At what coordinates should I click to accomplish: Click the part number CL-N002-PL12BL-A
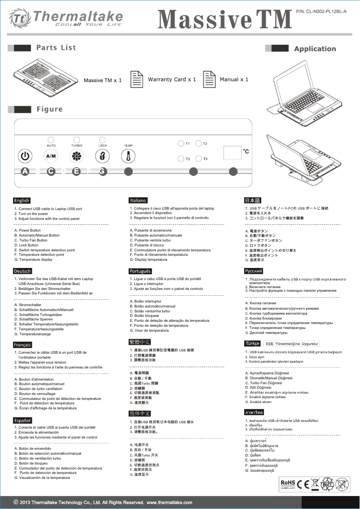click(321, 11)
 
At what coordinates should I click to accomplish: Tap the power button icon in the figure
click(26, 156)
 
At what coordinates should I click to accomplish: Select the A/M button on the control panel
click(51, 156)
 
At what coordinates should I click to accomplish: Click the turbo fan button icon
click(77, 156)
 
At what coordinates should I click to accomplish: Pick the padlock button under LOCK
click(102, 156)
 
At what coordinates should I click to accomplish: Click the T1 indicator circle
click(180, 144)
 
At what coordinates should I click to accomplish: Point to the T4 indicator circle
click(198, 159)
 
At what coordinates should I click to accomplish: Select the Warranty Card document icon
click(136, 79)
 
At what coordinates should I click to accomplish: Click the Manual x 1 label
click(234, 79)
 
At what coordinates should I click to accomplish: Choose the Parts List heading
click(56, 48)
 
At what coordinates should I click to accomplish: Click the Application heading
click(315, 49)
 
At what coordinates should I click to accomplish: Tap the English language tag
click(22, 200)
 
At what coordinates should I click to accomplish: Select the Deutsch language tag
click(23, 271)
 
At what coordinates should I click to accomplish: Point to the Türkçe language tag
click(252, 343)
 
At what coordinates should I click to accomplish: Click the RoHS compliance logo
click(288, 483)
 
